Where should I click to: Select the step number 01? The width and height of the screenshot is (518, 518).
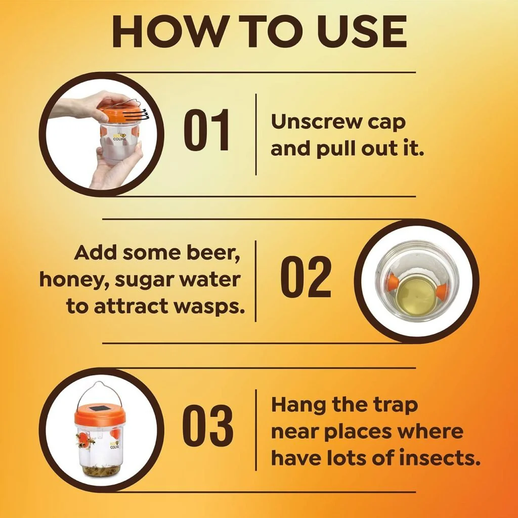pos(207,130)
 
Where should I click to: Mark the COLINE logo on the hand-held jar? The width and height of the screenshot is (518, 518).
pos(119,138)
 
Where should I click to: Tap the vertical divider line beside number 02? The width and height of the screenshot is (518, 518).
pos(255,281)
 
